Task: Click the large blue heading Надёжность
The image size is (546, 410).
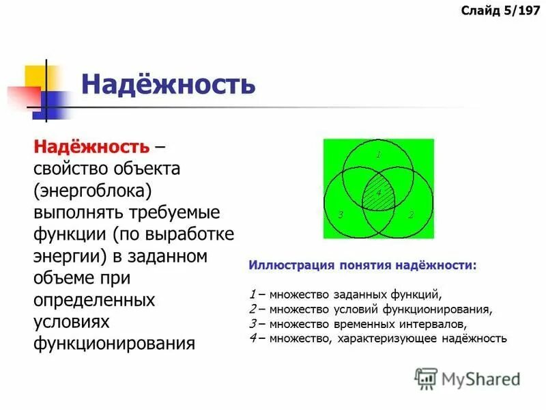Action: (x=168, y=85)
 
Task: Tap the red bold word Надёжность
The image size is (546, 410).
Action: (x=91, y=146)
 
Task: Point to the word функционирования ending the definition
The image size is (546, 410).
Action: (x=114, y=343)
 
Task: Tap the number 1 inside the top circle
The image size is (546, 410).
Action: (x=378, y=154)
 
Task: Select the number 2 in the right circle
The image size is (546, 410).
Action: (x=411, y=215)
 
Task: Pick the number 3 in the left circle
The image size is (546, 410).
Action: (x=339, y=215)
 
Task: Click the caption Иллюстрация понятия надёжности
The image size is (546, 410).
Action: (x=362, y=264)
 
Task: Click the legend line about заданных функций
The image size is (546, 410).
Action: (x=346, y=295)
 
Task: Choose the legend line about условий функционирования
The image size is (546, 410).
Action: (x=371, y=309)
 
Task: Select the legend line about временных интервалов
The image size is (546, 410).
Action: (x=358, y=323)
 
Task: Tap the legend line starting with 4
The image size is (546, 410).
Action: (x=378, y=338)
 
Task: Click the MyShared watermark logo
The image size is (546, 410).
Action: (x=468, y=378)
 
